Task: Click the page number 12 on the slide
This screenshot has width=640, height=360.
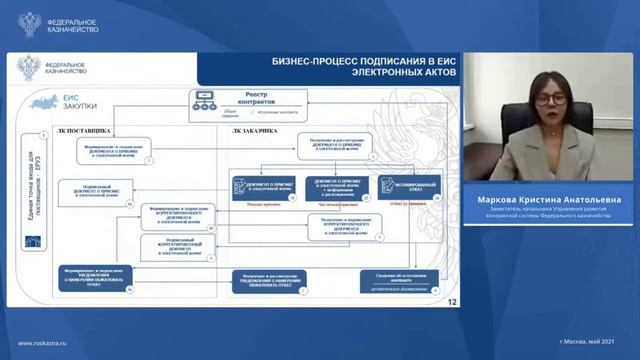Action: (454, 299)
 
